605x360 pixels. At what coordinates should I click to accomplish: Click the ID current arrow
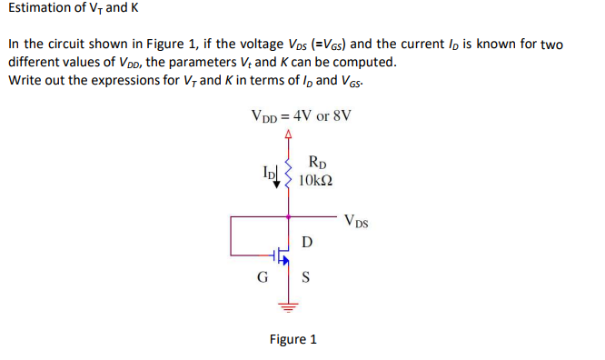(x=277, y=175)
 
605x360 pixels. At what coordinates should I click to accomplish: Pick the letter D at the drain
(x=306, y=242)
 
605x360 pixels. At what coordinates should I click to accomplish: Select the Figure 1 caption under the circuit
(x=293, y=339)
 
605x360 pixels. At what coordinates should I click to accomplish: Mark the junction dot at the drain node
(x=289, y=217)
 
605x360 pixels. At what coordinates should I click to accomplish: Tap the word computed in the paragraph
(x=363, y=63)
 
